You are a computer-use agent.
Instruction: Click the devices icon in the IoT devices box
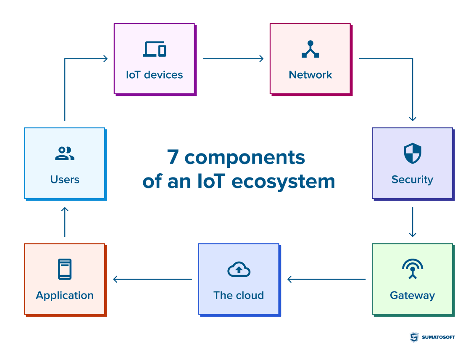point(154,49)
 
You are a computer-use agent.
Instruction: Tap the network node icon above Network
point(310,49)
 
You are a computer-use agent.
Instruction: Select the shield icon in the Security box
point(412,153)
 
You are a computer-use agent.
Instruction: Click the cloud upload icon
point(239,269)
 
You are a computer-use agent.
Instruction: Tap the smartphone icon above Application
point(65,269)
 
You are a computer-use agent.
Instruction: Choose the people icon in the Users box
point(65,154)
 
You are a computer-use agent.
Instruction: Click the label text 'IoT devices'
point(154,75)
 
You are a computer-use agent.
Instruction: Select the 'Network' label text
point(310,75)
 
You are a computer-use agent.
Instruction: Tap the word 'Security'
point(412,180)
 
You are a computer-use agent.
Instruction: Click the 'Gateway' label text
point(412,295)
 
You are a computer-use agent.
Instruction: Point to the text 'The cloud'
point(239,295)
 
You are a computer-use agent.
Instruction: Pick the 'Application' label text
point(65,295)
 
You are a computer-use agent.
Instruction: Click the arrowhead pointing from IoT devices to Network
point(261,58)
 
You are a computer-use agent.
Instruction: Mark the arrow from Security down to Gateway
point(412,222)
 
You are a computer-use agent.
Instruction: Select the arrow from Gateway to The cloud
point(326,279)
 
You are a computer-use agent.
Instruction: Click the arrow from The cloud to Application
point(153,279)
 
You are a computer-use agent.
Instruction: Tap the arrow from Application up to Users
point(65,221)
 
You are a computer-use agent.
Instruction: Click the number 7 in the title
point(173,157)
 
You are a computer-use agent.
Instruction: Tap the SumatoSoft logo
point(432,337)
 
